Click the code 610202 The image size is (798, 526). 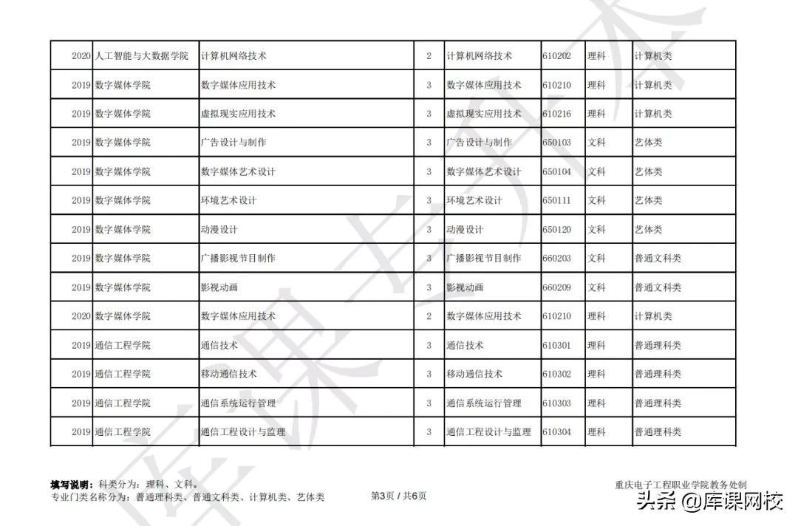pos(556,56)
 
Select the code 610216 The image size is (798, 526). pos(556,114)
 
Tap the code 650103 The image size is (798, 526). pos(556,143)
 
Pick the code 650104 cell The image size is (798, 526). pos(556,171)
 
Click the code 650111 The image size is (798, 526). pos(556,200)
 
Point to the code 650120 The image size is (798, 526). pos(556,230)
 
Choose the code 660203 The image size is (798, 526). pos(556,259)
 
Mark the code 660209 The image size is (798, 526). pos(556,287)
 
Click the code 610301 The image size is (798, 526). pos(556,345)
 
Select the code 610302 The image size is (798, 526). pos(556,374)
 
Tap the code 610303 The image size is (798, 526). pos(556,403)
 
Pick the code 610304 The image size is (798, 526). pos(556,432)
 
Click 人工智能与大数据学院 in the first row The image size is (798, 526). pos(142,56)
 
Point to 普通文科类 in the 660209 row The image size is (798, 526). pos(658,287)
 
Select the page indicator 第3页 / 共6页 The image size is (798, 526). pos(398,496)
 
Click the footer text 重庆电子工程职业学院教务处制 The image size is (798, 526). pos(681,485)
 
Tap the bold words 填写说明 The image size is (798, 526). pos(71,485)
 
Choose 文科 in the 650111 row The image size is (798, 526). pos(596,200)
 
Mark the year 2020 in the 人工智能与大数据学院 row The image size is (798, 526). pos(81,56)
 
